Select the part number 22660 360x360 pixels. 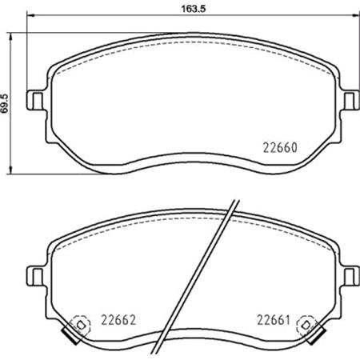[x=280, y=147]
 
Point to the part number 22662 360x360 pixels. [x=116, y=318]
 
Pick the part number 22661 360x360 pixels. [x=272, y=318]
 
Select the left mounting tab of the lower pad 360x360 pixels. [x=35, y=274]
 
